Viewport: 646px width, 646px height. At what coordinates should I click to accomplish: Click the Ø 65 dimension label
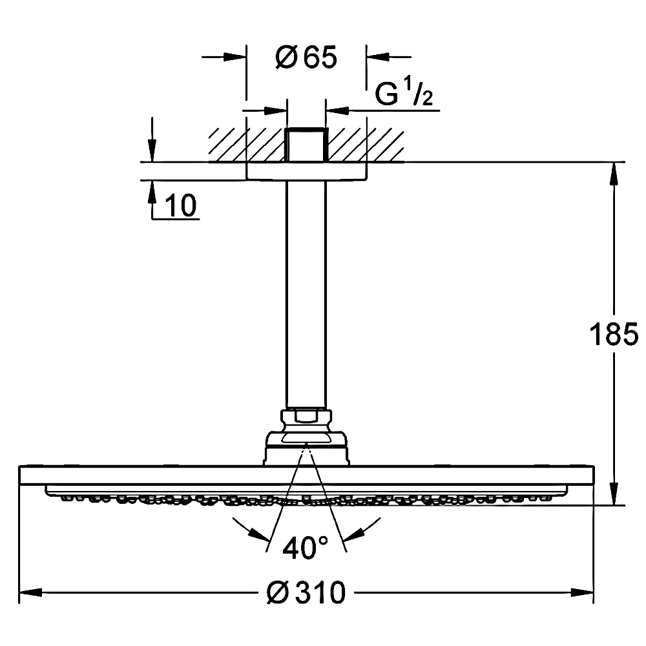(306, 57)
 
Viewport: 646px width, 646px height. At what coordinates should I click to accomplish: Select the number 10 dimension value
(181, 205)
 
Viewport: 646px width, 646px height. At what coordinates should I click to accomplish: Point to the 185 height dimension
(614, 334)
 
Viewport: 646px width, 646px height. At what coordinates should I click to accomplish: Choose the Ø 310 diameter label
(306, 593)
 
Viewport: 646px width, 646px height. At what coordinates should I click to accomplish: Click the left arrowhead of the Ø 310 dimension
(31, 593)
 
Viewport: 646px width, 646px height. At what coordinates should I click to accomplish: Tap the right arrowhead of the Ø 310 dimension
(582, 593)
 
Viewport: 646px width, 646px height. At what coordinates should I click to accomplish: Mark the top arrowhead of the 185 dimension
(614, 173)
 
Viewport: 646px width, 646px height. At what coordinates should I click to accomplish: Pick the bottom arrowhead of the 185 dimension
(614, 494)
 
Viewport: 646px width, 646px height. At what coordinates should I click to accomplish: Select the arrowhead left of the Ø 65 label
(235, 57)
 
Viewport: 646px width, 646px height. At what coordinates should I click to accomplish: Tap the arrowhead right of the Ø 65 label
(378, 57)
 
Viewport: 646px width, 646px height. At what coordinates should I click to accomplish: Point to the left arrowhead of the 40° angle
(260, 535)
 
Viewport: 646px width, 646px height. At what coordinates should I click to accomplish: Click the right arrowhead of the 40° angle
(354, 535)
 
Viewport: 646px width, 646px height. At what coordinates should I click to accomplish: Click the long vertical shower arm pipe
(306, 295)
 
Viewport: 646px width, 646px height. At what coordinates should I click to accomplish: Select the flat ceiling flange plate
(306, 171)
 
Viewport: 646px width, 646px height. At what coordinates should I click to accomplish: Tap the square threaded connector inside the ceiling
(306, 145)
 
